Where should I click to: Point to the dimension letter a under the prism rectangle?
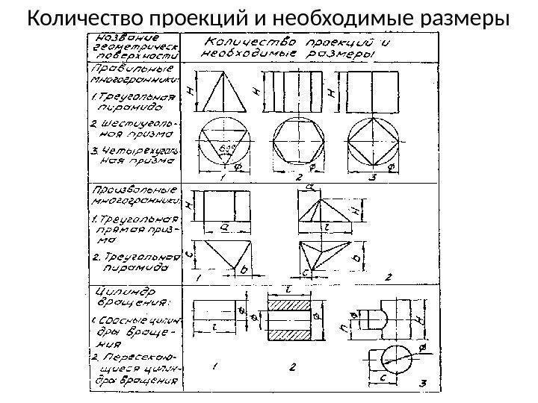click(x=224, y=226)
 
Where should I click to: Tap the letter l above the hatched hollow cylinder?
click(x=288, y=288)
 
